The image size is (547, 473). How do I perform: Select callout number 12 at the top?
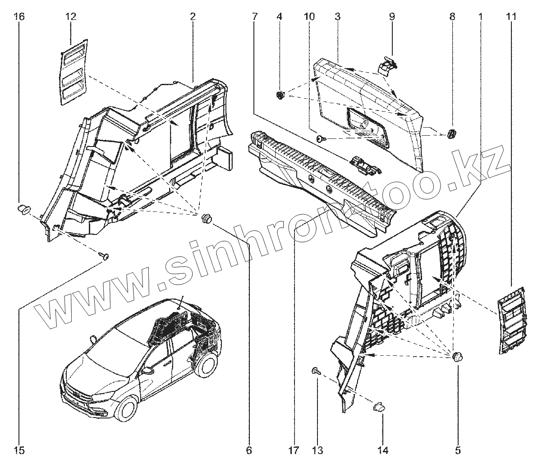pyautogui.click(x=71, y=17)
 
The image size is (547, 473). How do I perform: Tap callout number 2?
pyautogui.click(x=193, y=17)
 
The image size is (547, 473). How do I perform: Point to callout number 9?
pyautogui.click(x=392, y=17)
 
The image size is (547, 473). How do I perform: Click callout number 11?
pyautogui.click(x=511, y=17)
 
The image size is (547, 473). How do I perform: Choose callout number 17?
pyautogui.click(x=294, y=450)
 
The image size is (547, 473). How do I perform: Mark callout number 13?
pyautogui.click(x=317, y=450)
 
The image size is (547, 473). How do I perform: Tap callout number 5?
pyautogui.click(x=458, y=450)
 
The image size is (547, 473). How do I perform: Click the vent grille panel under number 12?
pyautogui.click(x=74, y=72)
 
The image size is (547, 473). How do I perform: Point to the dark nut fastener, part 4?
pyautogui.click(x=280, y=95)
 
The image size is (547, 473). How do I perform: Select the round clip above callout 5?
pyautogui.click(x=458, y=357)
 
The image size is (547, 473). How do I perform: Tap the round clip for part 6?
pyautogui.click(x=207, y=218)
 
